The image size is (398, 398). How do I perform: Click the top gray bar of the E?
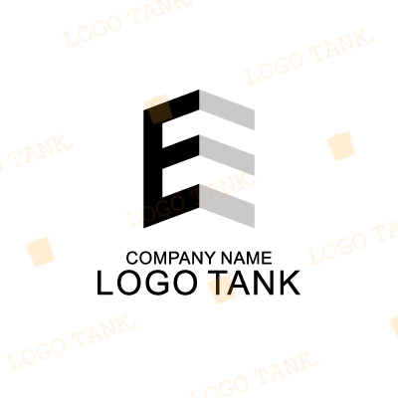227,109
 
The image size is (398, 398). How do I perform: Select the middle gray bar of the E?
227,155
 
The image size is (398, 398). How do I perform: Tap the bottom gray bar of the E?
227,206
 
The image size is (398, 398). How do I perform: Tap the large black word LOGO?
147,283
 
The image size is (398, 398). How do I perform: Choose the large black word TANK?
254,283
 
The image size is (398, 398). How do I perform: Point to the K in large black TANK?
290,283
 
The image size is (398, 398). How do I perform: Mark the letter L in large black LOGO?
104,283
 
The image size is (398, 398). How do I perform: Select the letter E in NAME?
267,258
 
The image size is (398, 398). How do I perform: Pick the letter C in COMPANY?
132,258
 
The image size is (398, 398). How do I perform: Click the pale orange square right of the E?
341,146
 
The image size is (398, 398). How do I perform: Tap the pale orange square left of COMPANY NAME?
40,252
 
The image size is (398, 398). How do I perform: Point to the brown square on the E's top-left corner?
160,112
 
